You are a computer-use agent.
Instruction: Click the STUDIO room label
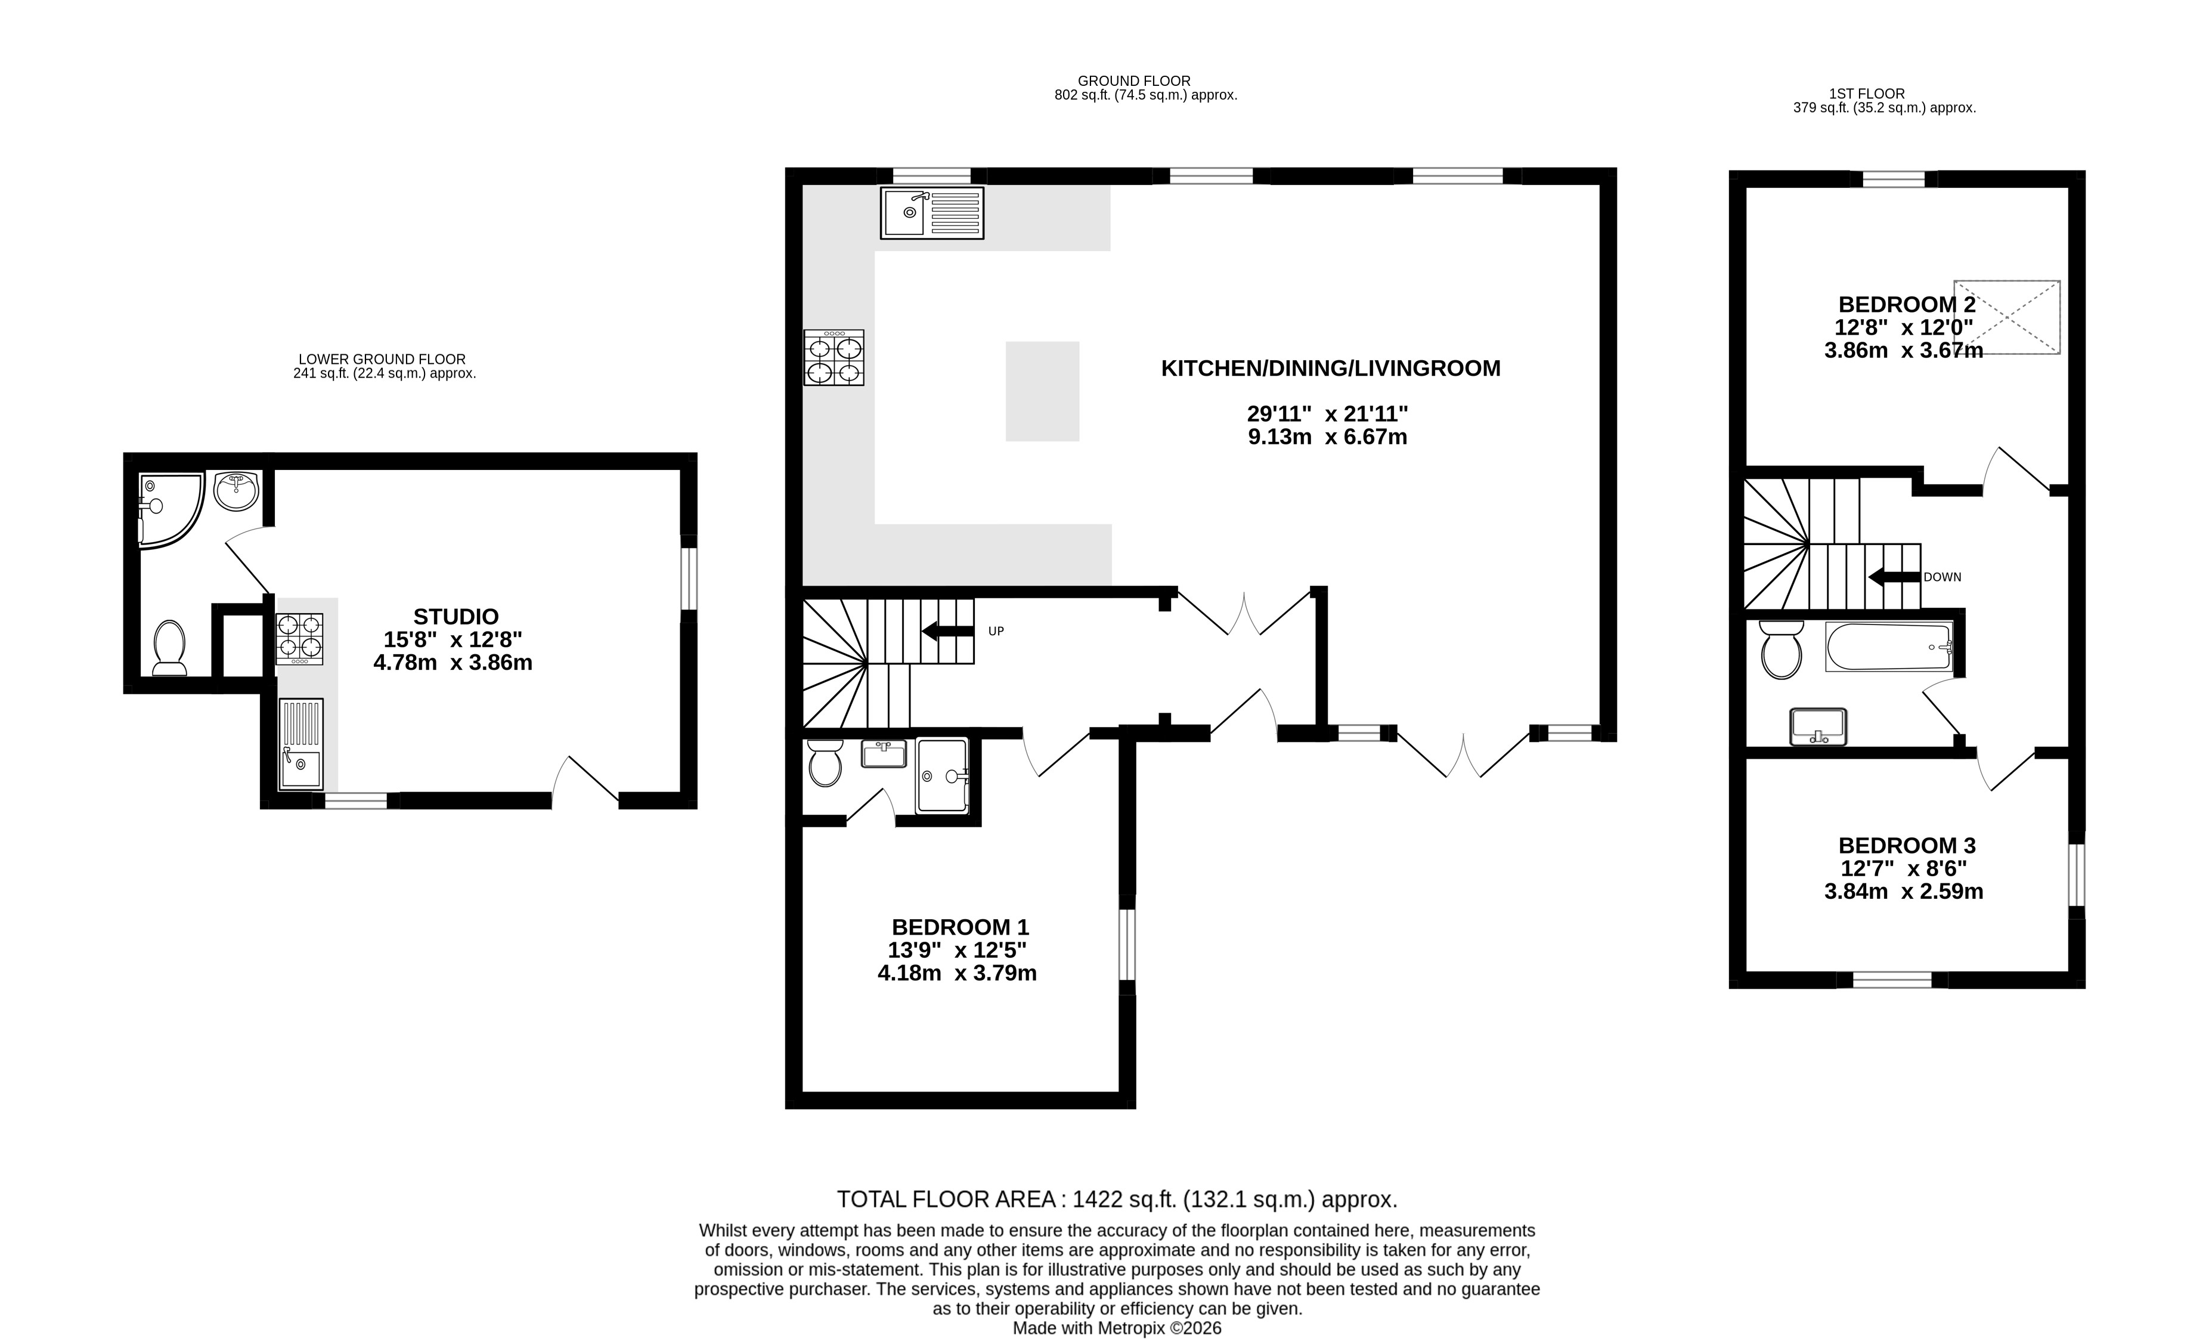[456, 617]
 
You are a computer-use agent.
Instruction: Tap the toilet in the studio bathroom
[169, 648]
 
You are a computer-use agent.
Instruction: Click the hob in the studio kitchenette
[299, 639]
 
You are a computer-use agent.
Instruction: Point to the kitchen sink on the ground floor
[931, 212]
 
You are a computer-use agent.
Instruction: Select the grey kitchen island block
[1042, 391]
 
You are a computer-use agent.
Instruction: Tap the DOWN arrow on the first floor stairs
[1894, 577]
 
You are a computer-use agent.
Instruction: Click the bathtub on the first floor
[1889, 647]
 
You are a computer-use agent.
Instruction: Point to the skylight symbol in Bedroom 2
[2006, 317]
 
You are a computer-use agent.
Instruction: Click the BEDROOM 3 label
[1906, 846]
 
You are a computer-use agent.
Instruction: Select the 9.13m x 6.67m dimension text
[1327, 438]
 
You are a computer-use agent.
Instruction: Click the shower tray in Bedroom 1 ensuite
[941, 776]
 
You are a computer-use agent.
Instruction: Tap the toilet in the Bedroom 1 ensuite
[824, 763]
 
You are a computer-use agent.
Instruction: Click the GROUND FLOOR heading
[1133, 81]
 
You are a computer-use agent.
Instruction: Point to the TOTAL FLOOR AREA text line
[1116, 1199]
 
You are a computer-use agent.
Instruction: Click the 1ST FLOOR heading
[1867, 93]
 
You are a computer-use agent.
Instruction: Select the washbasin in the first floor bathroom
[1818, 726]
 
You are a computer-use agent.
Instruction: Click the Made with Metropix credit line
[1116, 1328]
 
